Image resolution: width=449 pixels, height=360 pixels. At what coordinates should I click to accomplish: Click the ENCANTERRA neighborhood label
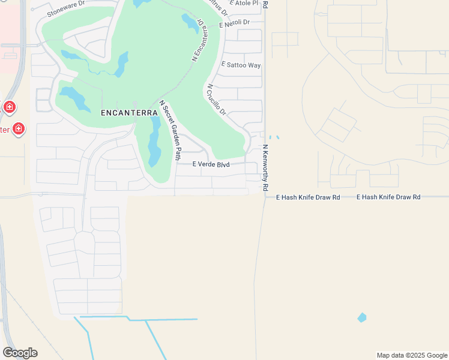(x=125, y=112)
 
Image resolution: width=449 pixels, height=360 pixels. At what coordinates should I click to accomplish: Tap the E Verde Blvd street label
(x=211, y=164)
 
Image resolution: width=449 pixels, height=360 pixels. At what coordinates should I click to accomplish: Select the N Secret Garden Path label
(x=170, y=131)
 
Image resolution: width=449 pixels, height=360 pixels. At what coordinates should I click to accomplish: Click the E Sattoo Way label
(x=241, y=65)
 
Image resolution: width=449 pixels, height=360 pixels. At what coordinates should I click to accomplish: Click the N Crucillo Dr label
(x=216, y=100)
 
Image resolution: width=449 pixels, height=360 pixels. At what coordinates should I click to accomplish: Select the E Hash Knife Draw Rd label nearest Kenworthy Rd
(x=308, y=197)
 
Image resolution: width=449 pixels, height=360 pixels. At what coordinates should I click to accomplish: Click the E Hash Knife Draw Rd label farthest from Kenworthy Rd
(x=388, y=197)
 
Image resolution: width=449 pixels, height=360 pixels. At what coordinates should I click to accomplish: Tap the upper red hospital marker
(x=9, y=107)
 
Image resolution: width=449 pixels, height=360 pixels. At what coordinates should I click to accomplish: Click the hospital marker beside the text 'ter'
(x=19, y=128)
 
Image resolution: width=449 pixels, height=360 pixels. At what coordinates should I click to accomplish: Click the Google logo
(x=20, y=353)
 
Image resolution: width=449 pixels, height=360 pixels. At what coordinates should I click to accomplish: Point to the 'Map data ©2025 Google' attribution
(x=412, y=355)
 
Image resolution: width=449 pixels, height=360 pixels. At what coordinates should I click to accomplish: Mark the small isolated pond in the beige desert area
(x=361, y=317)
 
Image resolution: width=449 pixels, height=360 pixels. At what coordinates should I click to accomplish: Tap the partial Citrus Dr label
(x=218, y=7)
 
